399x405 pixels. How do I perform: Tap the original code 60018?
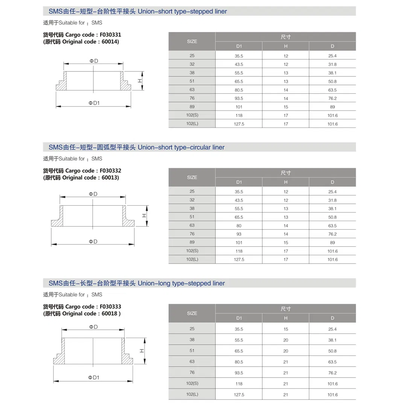(110, 314)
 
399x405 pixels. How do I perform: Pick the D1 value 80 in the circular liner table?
(239, 226)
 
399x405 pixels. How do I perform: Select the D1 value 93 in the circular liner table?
(239, 234)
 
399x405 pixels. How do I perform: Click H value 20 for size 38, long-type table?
(286, 340)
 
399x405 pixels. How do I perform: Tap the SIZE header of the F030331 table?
(192, 41)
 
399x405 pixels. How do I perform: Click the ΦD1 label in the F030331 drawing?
(94, 103)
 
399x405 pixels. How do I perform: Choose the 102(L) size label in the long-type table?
(192, 394)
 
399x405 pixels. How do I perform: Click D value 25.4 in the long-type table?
(332, 329)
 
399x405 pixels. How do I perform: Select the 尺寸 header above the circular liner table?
(286, 173)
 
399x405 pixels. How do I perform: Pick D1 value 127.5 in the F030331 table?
(239, 124)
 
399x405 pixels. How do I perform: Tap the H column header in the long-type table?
(286, 318)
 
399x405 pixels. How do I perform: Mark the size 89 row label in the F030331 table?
(192, 106)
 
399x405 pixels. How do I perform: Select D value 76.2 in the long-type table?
(332, 373)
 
